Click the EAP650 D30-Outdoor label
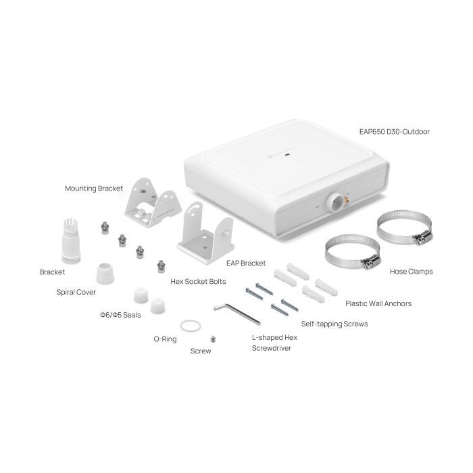(395, 132)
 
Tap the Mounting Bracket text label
(94, 188)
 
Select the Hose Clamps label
(411, 272)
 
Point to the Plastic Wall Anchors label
(378, 303)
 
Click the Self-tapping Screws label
(334, 324)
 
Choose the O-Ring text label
(165, 339)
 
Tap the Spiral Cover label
(76, 293)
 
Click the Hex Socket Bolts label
(197, 281)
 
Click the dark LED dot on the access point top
(289, 155)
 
